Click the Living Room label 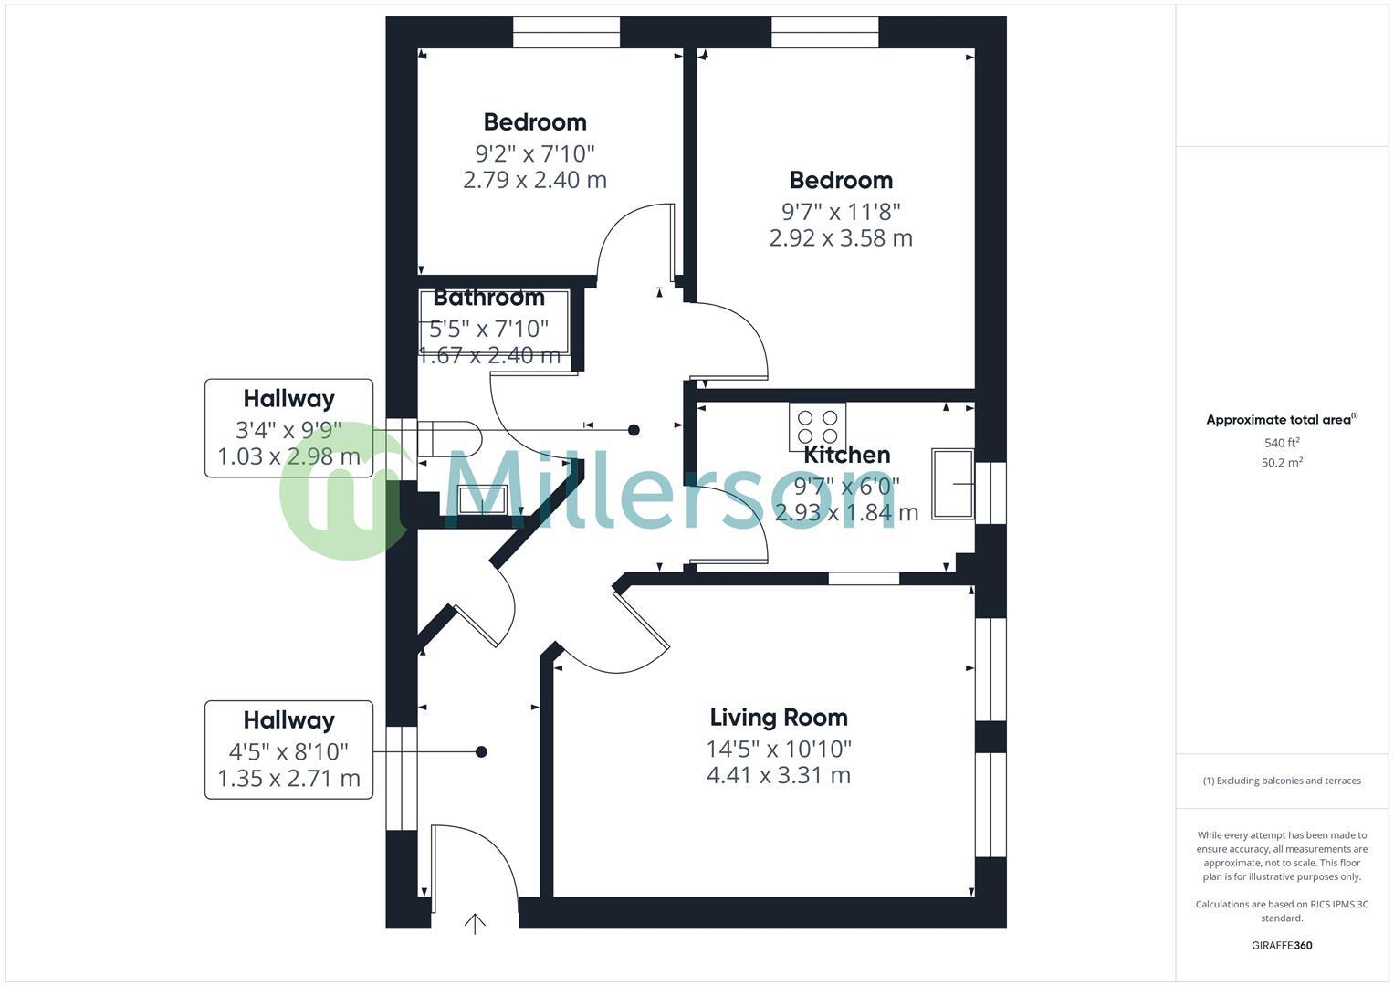pos(779,718)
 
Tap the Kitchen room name pos(846,455)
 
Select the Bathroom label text pos(488,298)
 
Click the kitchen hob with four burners pos(817,426)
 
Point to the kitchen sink pos(952,483)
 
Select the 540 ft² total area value pos(1282,443)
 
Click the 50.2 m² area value pos(1282,463)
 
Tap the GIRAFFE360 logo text pos(1282,946)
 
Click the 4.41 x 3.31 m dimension pos(779,776)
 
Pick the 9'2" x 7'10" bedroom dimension pos(535,153)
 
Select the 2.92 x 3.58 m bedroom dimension pos(841,238)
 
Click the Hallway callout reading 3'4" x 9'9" pos(288,428)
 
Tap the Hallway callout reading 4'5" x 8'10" pos(288,750)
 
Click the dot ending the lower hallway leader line pos(481,751)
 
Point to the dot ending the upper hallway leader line pos(634,430)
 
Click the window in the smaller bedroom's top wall pos(566,32)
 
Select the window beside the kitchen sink pos(990,492)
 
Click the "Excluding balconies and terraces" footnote pos(1282,781)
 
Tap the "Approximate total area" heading pos(1282,420)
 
